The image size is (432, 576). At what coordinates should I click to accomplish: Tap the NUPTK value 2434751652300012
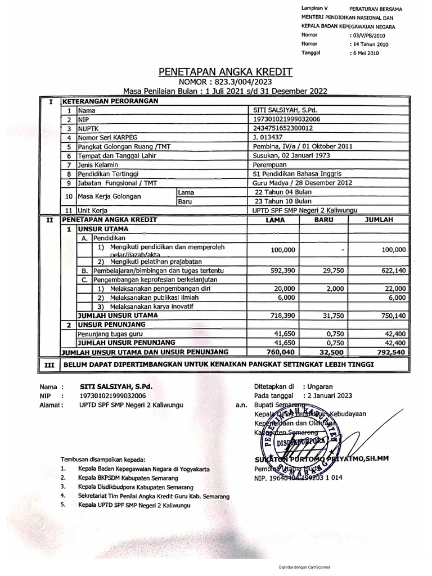[284, 128]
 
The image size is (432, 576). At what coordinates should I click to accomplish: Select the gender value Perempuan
[270, 164]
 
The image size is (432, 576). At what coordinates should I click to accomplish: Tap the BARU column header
[324, 220]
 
